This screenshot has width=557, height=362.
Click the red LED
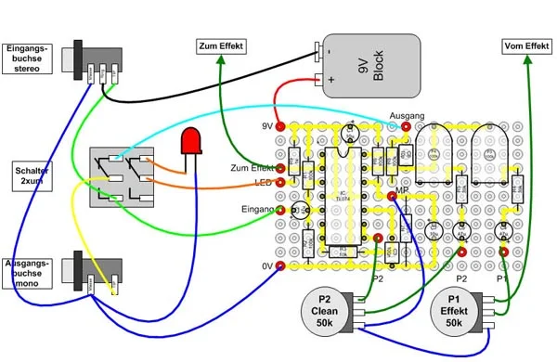tap(192, 142)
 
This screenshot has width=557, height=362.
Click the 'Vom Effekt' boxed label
tap(525, 45)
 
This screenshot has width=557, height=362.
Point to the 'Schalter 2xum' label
tap(31, 176)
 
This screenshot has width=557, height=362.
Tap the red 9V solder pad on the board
tap(281, 125)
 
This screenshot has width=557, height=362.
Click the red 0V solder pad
tap(281, 267)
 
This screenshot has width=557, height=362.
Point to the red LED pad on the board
tap(281, 182)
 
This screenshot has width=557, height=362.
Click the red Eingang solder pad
tap(281, 211)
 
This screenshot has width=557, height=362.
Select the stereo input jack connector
tap(89, 60)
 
